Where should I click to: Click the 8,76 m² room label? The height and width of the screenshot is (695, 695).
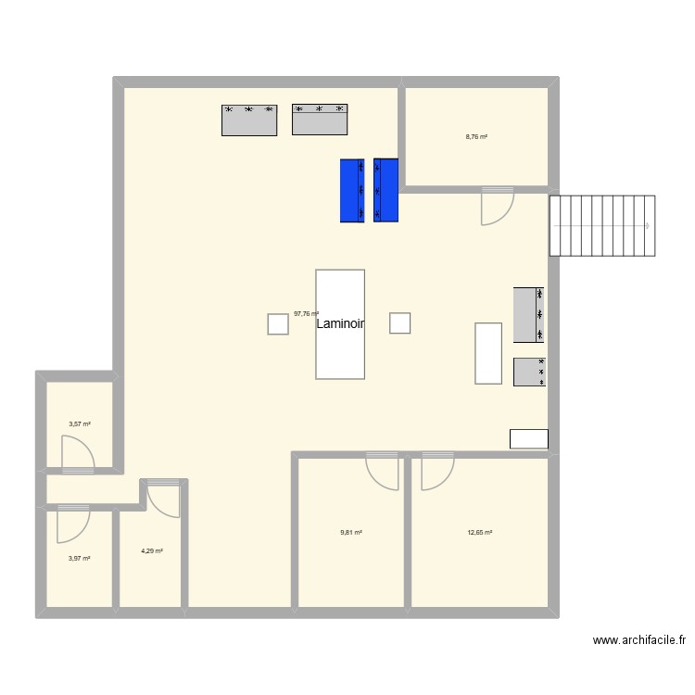pos(476,136)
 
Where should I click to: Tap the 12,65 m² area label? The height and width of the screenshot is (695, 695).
pos(480,533)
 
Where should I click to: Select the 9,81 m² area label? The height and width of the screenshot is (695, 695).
pos(350,533)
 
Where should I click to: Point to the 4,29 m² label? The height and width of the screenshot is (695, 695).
pos(152,551)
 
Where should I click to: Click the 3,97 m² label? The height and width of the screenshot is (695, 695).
pos(79,559)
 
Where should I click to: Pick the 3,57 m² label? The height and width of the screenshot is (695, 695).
pos(80,424)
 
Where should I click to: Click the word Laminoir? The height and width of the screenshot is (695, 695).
pos(340,324)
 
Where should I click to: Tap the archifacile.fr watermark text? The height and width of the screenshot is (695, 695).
pos(638,639)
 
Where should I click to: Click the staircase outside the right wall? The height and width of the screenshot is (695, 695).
pos(602,225)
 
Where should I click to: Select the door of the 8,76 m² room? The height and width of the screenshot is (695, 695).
pos(496,206)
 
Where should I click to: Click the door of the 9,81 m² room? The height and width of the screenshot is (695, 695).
pos(383,471)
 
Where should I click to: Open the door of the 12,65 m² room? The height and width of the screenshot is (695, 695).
pos(436,471)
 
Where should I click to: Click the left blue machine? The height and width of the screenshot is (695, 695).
pos(352,191)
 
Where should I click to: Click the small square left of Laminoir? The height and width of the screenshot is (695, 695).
pos(278,323)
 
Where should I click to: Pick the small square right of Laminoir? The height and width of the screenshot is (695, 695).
pos(399,322)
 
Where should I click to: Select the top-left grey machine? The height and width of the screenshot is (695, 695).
pos(250,120)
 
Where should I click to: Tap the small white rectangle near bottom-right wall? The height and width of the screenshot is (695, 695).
pos(529,439)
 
